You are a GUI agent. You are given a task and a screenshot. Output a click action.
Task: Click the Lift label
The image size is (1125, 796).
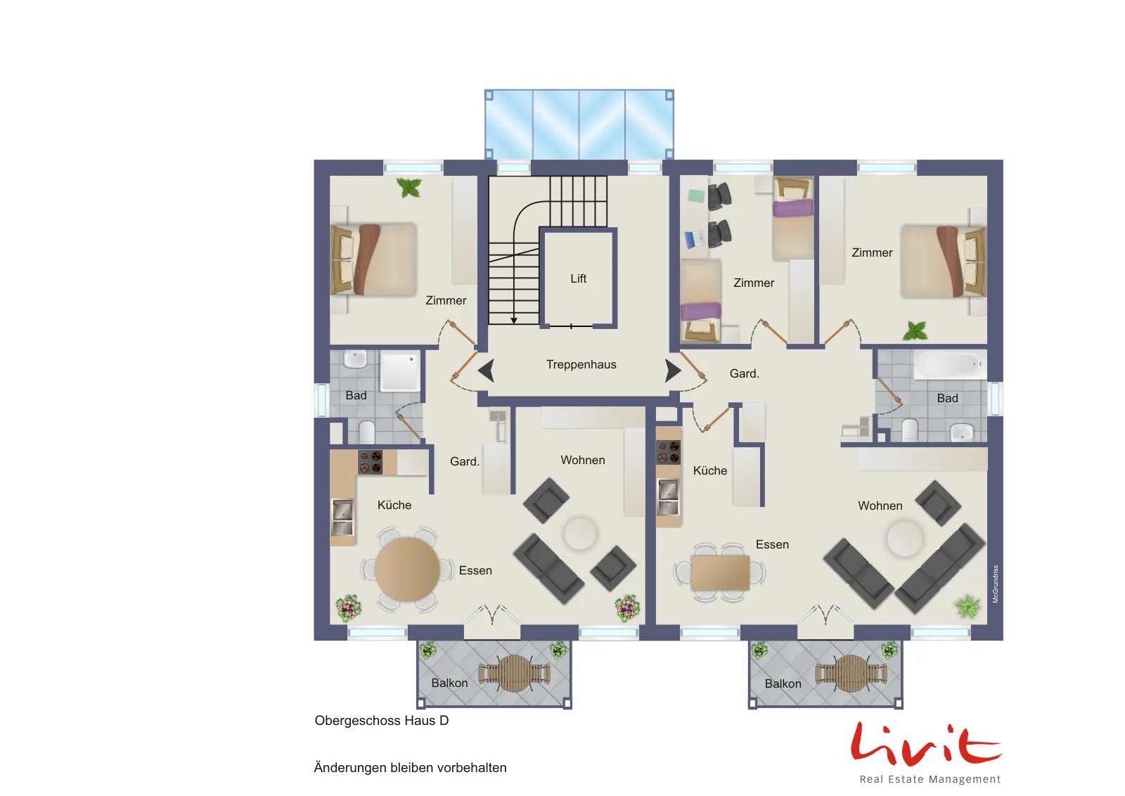(x=578, y=278)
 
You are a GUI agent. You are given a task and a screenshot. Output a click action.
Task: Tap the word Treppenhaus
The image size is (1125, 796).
(x=581, y=365)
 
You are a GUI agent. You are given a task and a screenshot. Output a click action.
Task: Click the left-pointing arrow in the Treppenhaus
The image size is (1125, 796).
(x=486, y=371)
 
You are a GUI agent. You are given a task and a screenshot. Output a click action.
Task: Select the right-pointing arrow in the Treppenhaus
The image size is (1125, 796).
(x=674, y=371)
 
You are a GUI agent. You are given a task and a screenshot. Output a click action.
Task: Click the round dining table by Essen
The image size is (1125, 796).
(x=407, y=570)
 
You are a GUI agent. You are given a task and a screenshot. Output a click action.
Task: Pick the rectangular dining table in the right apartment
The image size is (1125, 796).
(x=720, y=572)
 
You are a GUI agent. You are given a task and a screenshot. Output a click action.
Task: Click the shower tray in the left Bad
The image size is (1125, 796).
(x=400, y=372)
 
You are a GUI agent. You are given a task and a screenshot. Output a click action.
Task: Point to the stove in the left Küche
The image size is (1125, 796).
(x=370, y=462)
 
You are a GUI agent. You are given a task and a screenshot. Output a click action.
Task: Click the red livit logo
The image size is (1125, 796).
(x=926, y=744)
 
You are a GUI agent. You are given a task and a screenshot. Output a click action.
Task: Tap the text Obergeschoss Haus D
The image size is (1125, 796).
(x=382, y=721)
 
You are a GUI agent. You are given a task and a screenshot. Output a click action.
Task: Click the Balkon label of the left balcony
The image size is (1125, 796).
(x=449, y=683)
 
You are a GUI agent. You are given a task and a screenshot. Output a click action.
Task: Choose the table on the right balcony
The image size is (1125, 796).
(x=851, y=674)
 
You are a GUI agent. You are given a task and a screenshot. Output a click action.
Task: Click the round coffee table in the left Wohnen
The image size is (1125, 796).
(x=580, y=534)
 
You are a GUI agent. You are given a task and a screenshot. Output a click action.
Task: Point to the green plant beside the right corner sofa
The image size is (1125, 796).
(x=967, y=607)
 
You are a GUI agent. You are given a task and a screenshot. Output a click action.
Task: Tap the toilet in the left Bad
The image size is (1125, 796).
(x=366, y=432)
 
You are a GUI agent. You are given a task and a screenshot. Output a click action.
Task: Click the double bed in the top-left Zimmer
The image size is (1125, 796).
(x=374, y=259)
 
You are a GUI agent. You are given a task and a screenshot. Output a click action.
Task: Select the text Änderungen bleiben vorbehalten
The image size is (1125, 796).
(x=411, y=768)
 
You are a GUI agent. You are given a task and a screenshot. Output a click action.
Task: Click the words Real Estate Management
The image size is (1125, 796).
(x=930, y=779)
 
